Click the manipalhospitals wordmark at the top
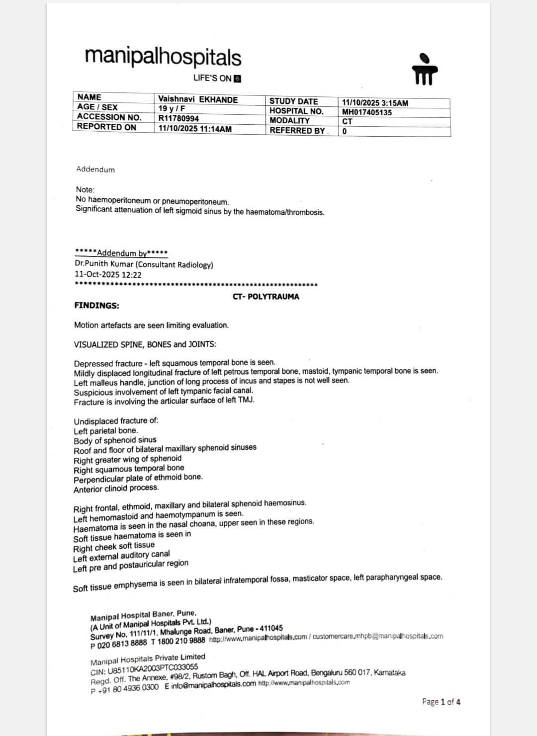163,57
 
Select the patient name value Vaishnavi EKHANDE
198,99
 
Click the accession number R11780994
179,118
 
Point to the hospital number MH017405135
367,112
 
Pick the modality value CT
347,121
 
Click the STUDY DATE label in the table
293,101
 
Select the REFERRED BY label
297,131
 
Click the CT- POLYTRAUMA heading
266,297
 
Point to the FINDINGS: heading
96,306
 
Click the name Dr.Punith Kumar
104,265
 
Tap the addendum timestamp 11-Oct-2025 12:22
108,275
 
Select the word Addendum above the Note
95,169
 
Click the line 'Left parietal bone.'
106,431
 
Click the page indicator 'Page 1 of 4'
441,702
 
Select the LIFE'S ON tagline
212,79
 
